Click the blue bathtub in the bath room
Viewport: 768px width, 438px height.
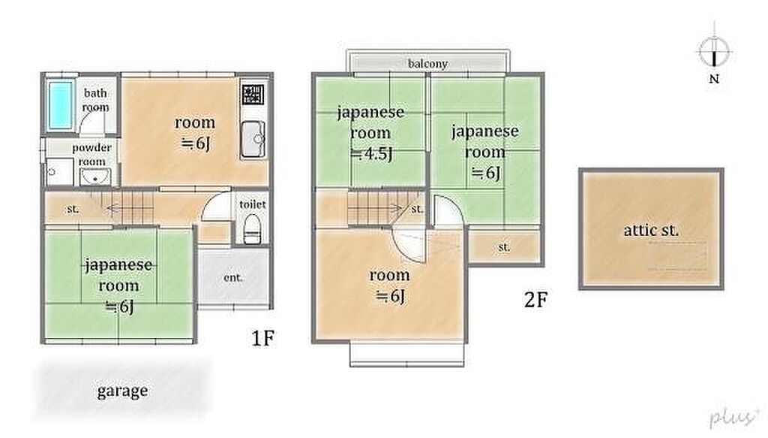tap(61, 105)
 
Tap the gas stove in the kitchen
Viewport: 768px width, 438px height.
tap(253, 94)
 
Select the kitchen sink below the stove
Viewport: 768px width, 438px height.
tap(253, 139)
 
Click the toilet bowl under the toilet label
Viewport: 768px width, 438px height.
tap(252, 228)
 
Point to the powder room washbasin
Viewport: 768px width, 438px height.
tap(95, 177)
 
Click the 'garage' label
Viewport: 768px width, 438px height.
tap(122, 391)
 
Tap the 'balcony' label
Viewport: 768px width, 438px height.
tap(427, 64)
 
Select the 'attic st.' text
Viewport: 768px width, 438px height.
tap(651, 230)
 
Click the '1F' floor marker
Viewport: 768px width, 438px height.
tap(262, 338)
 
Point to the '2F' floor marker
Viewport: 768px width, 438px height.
tap(535, 300)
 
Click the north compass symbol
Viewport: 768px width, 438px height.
tap(714, 50)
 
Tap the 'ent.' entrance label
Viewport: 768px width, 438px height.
tap(232, 278)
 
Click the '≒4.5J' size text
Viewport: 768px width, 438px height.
tap(372, 154)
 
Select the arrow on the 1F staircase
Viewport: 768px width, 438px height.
tap(129, 209)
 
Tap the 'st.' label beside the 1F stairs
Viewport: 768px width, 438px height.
tap(73, 209)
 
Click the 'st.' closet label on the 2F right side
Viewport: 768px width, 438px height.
tap(504, 247)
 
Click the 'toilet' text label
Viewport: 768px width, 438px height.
tap(252, 204)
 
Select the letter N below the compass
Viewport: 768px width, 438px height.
tap(714, 78)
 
